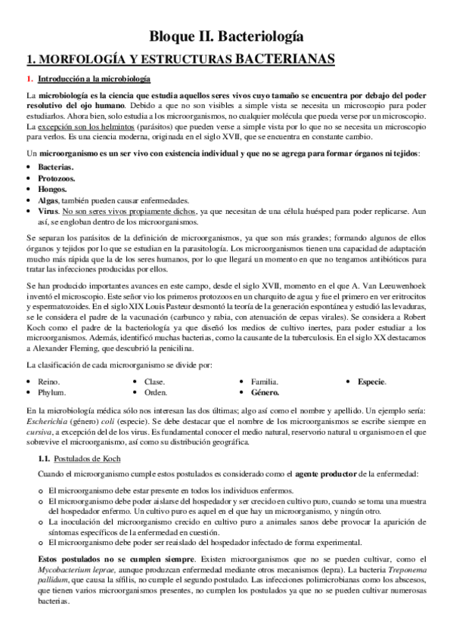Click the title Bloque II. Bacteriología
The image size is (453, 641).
tap(226, 35)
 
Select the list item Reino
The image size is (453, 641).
tap(50, 382)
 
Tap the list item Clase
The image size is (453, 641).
tap(154, 382)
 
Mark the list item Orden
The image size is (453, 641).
tap(156, 393)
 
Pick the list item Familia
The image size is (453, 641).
tap(264, 382)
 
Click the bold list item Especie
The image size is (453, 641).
tap(372, 382)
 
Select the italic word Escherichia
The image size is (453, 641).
tap(49, 420)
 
